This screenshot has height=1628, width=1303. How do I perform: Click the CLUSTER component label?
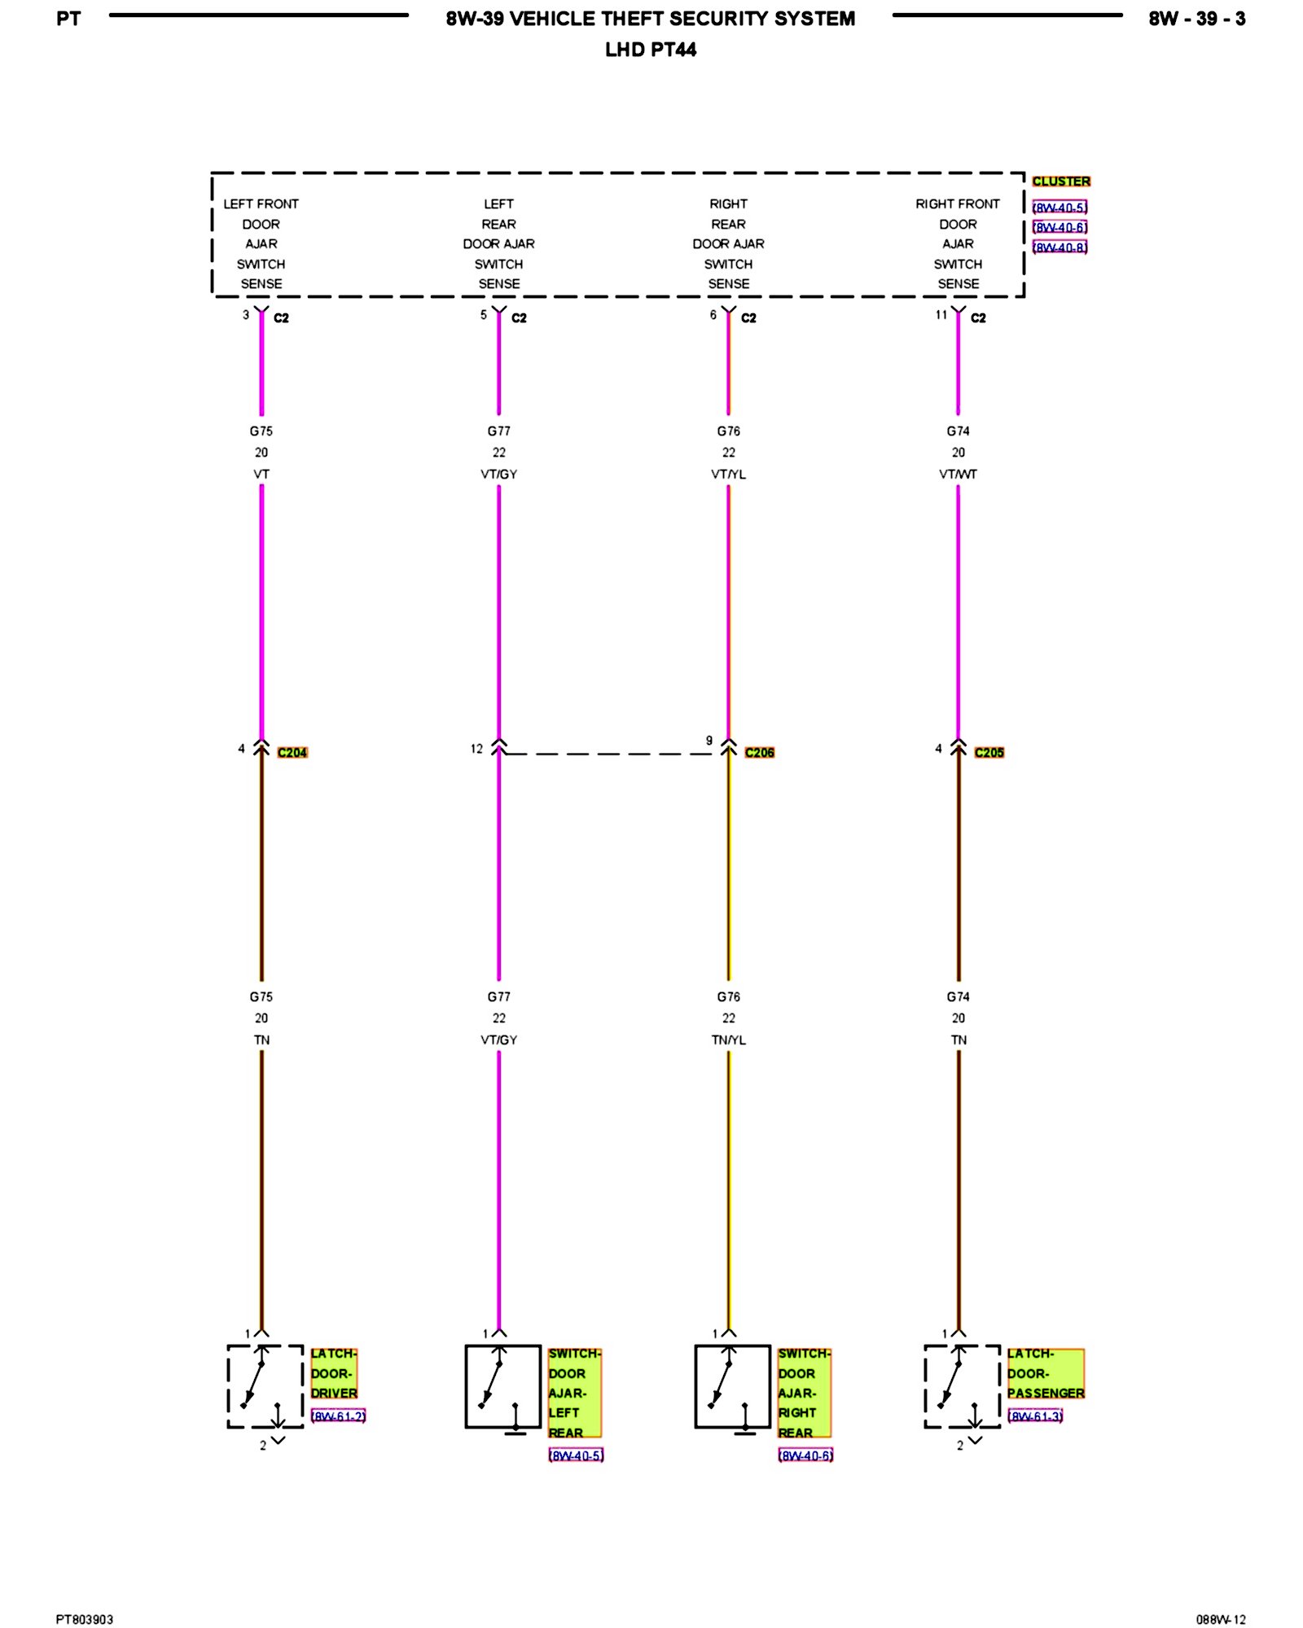pos(1060,182)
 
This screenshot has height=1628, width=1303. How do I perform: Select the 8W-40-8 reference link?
pos(1060,247)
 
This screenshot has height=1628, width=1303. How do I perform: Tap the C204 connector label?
pos(292,752)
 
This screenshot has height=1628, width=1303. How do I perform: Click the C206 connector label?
pos(759,752)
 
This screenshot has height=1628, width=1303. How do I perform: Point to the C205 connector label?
pos(989,752)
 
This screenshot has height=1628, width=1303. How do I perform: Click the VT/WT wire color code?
pos(958,474)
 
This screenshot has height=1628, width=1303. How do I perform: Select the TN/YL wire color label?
pos(728,1039)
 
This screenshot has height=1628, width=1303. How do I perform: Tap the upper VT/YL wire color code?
pos(728,474)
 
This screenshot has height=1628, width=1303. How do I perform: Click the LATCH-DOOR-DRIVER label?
pos(334,1373)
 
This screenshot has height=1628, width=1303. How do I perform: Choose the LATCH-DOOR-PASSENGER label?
pos(1046,1373)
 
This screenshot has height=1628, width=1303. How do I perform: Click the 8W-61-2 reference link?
pos(338,1416)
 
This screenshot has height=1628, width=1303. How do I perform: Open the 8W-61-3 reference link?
pos(1035,1416)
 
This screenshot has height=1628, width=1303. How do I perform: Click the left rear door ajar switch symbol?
pos(502,1386)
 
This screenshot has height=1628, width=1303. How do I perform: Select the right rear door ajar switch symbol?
pos(732,1386)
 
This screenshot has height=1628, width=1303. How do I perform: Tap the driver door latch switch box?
pos(265,1386)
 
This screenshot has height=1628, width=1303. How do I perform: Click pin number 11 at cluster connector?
pos(941,315)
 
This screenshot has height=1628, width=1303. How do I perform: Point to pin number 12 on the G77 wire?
pos(476,749)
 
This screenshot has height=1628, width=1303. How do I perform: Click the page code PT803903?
pos(85,1619)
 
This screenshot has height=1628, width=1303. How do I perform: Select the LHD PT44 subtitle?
pos(651,50)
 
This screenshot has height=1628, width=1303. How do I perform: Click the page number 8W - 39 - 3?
pos(1196,19)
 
